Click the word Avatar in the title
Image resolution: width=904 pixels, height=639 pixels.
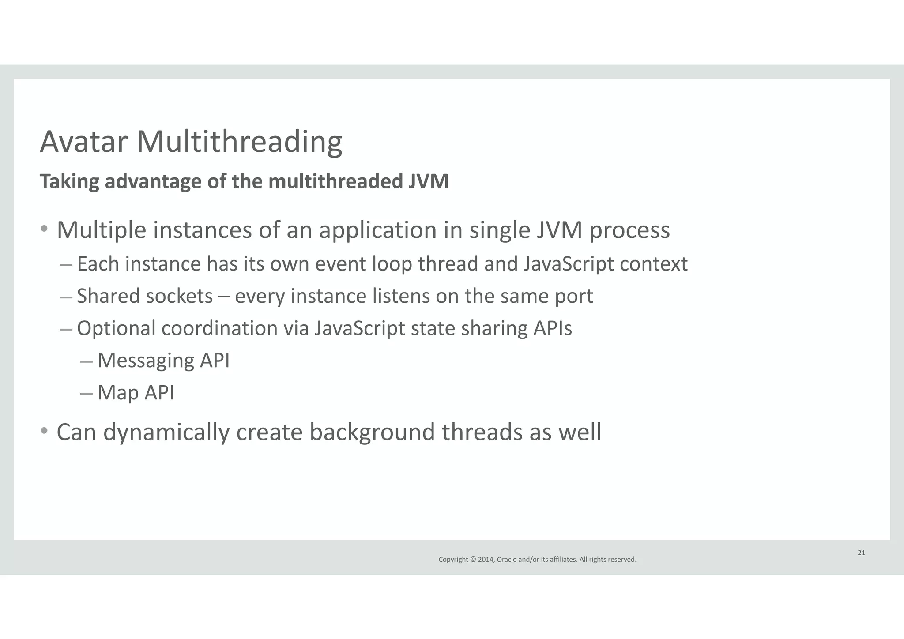coord(83,142)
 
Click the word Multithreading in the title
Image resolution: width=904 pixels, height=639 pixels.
coord(239,142)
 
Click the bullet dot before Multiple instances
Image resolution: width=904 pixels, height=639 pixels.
coord(44,229)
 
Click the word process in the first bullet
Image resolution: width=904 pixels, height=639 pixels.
coord(629,230)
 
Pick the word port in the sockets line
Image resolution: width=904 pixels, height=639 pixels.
coord(574,296)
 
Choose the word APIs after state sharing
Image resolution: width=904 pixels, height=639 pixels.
coord(552,328)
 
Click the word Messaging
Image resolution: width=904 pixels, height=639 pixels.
coord(146,361)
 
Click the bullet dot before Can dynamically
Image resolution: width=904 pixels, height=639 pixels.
coord(44,430)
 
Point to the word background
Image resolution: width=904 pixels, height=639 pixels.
coord(372,432)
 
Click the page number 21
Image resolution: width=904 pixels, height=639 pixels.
coord(861,553)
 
